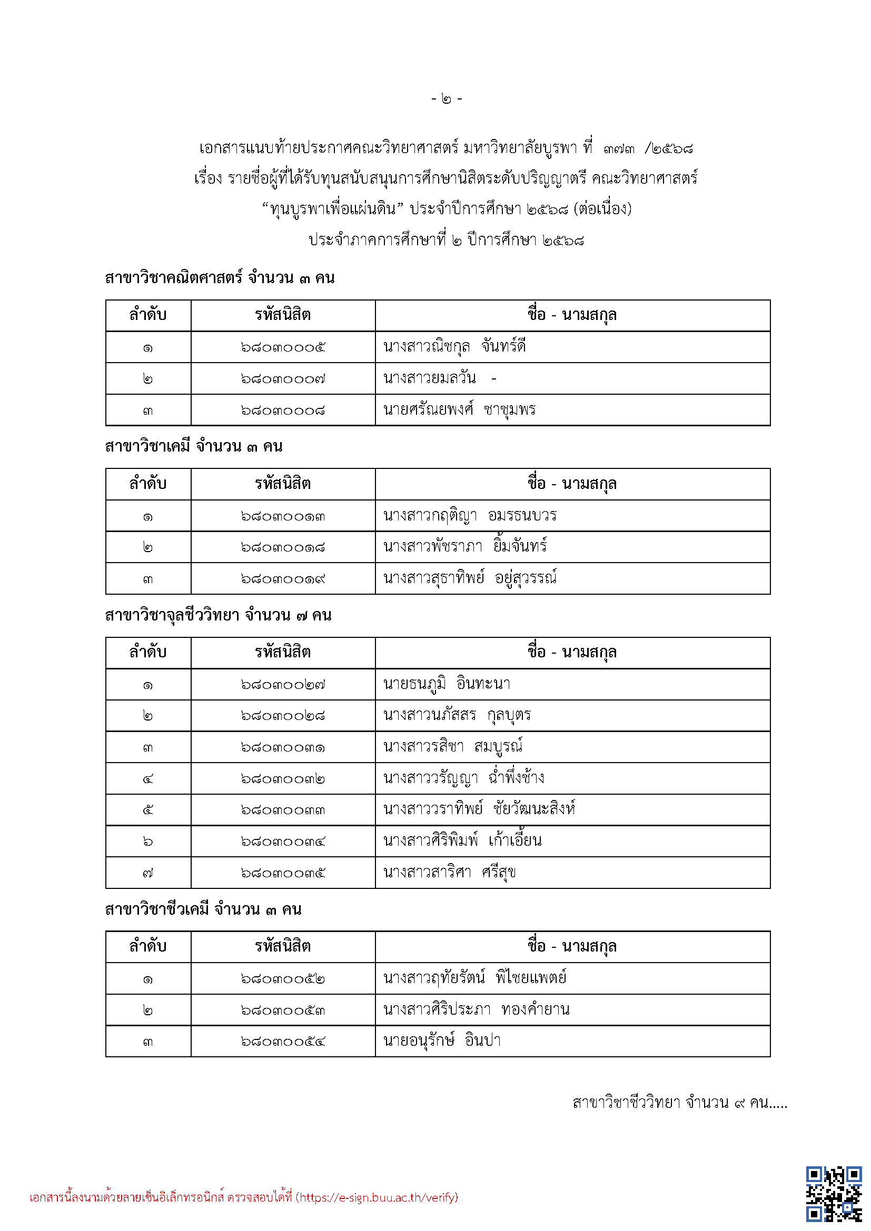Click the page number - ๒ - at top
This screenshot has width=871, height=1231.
446,98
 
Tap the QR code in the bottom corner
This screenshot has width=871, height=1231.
833,1194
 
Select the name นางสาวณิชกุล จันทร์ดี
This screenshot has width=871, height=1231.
454,347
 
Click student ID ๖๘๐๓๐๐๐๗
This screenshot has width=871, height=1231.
283,379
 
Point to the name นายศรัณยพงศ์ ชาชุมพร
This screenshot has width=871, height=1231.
459,410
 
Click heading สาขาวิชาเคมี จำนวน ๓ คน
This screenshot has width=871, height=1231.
194,446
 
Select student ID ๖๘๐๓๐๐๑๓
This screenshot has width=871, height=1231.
283,516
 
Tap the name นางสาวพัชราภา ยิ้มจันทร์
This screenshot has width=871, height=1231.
465,547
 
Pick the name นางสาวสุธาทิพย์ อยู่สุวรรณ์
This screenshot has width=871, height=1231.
470,578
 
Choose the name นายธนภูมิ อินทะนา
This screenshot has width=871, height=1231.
447,684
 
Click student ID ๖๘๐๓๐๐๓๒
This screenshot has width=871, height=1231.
283,778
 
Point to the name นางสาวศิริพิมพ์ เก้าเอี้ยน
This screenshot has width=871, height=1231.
462,841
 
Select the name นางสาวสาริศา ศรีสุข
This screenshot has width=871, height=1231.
449,873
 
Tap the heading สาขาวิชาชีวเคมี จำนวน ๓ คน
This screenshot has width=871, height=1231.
203,909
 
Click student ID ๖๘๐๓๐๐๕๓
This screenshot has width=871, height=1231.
283,1010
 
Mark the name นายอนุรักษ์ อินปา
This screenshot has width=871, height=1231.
442,1041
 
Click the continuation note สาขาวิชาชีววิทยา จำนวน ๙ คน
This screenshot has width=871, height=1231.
679,1103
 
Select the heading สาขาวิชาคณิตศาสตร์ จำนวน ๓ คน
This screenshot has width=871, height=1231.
220,278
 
